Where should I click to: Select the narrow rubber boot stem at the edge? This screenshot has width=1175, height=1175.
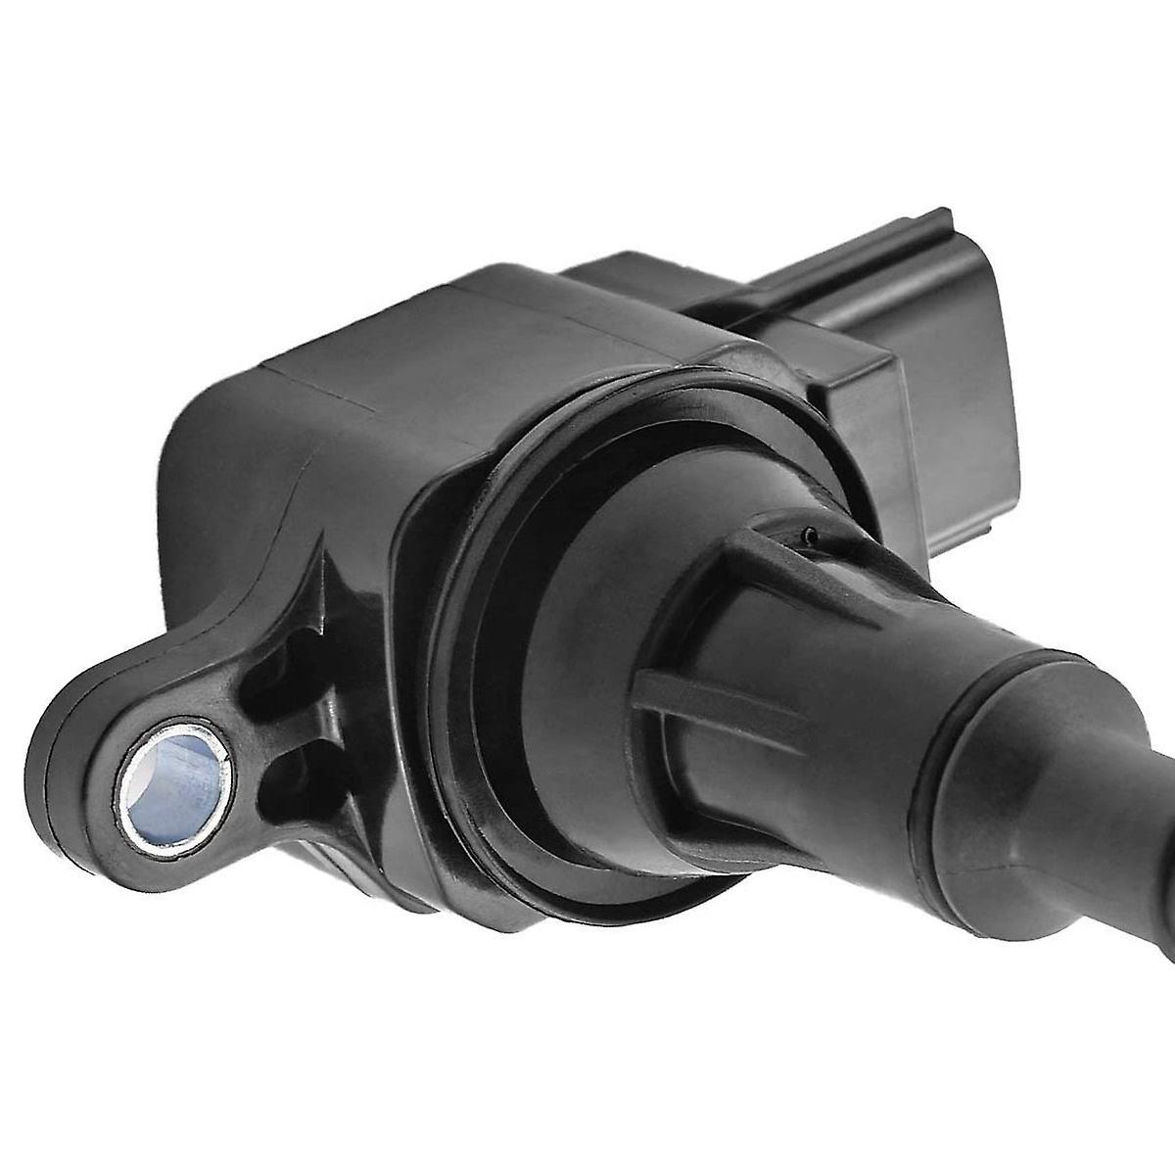pyautogui.click(x=1155, y=862)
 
